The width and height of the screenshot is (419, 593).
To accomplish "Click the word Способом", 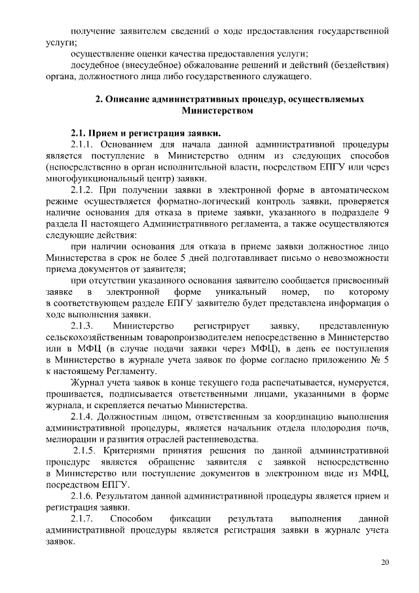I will tap(134, 519).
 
